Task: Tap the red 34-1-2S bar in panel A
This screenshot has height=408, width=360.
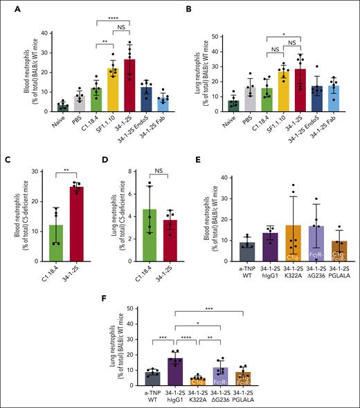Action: [x=129, y=86]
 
